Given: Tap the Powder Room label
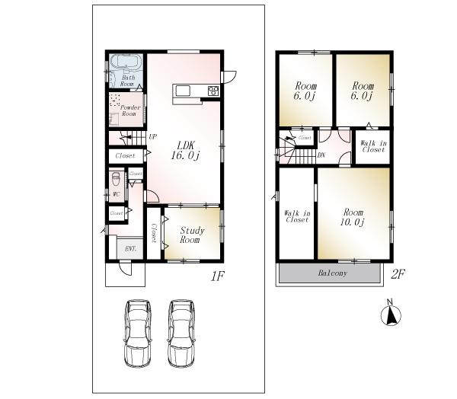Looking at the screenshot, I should click(131, 110).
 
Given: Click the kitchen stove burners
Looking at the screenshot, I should click(213, 92).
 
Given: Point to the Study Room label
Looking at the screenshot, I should click(189, 235).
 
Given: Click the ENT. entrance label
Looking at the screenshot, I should click(130, 249).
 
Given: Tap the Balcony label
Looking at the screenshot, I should click(331, 273).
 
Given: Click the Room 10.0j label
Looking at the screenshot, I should click(353, 217).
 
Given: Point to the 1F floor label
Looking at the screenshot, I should click(219, 276).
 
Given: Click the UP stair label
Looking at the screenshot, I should click(152, 137).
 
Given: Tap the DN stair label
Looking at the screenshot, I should click(322, 155).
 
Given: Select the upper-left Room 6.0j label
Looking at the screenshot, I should click(304, 91).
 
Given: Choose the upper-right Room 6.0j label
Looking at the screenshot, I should click(361, 91).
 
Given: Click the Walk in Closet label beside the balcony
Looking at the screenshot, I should click(296, 215).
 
